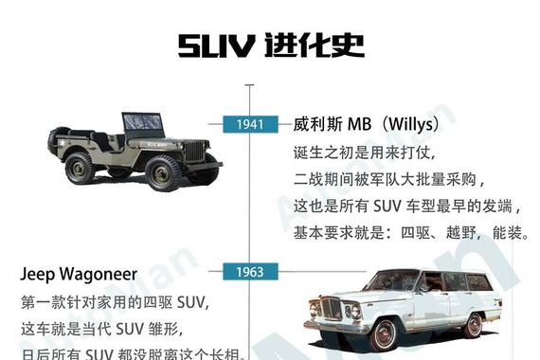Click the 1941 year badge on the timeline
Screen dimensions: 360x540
click(x=250, y=124)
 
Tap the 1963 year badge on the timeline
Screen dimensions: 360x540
click(x=250, y=273)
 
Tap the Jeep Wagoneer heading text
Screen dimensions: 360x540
click(x=79, y=276)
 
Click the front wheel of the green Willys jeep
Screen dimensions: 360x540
click(x=163, y=173)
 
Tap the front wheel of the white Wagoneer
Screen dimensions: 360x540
click(x=383, y=334)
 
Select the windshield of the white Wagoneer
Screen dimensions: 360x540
click(x=393, y=281)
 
